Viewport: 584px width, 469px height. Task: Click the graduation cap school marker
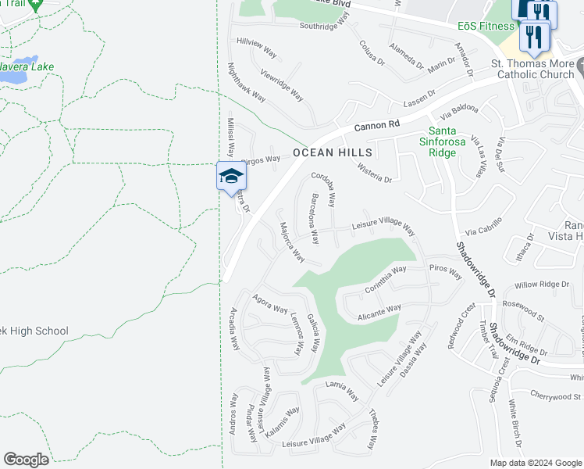(x=230, y=177)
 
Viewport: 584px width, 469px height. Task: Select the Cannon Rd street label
(x=376, y=124)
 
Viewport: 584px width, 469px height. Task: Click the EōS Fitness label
(x=486, y=26)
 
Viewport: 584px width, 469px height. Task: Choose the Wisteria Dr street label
(x=374, y=173)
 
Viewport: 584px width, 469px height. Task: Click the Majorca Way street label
(x=292, y=242)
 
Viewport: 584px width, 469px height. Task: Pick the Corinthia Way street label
(x=385, y=279)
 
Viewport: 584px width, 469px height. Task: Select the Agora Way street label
(x=270, y=303)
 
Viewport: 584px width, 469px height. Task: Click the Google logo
(x=26, y=460)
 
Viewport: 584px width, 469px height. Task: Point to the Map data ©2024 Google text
(x=536, y=463)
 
